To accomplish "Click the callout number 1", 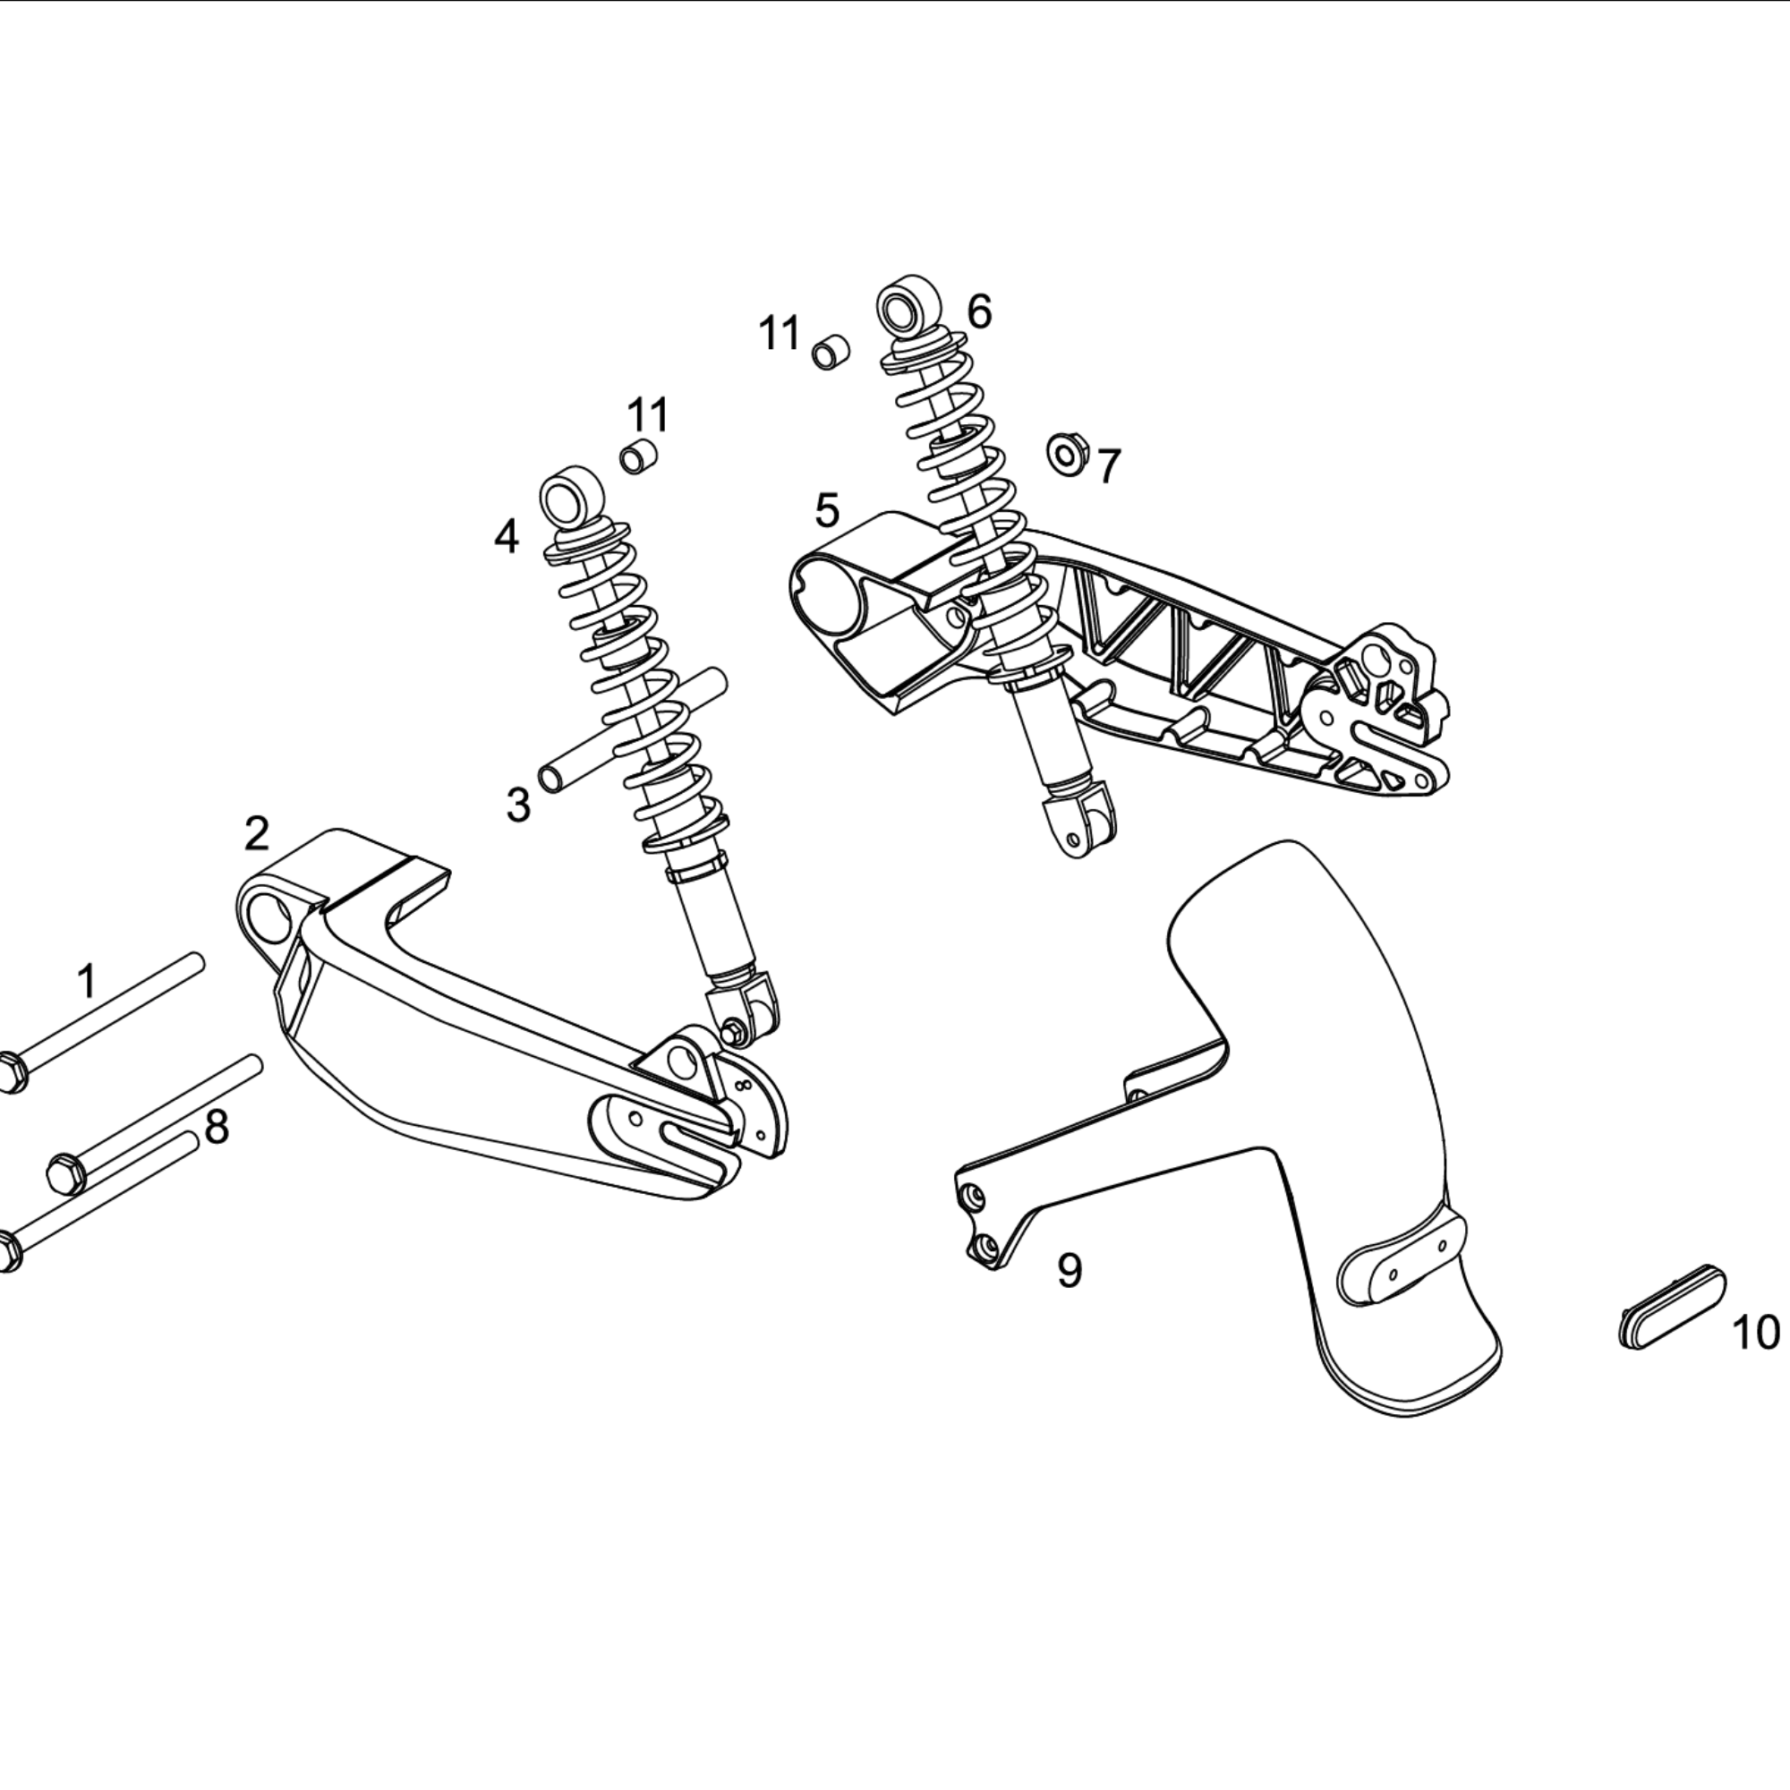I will (x=87, y=981).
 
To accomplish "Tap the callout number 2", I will (x=257, y=834).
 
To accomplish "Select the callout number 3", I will (x=518, y=805).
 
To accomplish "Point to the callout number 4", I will (x=506, y=536).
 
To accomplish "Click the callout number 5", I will (x=827, y=510).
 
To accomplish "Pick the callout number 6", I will (x=979, y=311).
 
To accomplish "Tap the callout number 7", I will (x=1109, y=465).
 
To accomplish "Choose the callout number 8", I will (x=216, y=1128).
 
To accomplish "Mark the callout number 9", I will (x=1070, y=1270).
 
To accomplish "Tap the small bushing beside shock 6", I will (x=831, y=352).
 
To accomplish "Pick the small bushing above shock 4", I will (x=638, y=456).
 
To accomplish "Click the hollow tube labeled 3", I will (x=633, y=729).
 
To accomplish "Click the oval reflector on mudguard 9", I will (x=1400, y=1260).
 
